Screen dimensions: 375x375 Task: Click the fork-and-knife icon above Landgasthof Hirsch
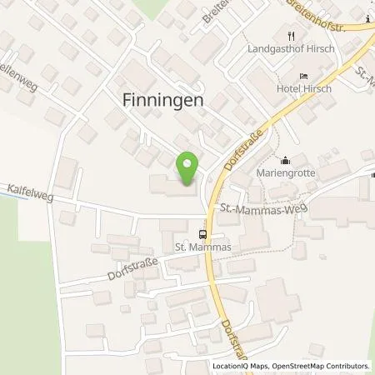click(x=291, y=36)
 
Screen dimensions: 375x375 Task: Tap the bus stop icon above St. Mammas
click(x=202, y=234)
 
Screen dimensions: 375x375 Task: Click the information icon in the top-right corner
click(x=367, y=19)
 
